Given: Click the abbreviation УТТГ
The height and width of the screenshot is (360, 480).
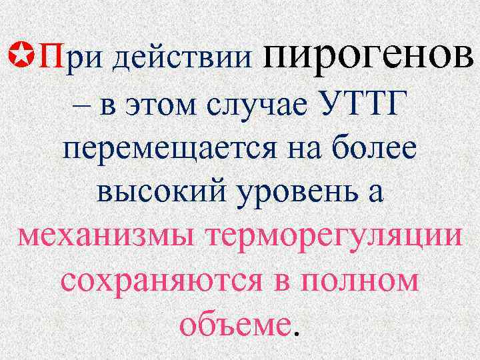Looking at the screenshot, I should click(363, 104).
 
